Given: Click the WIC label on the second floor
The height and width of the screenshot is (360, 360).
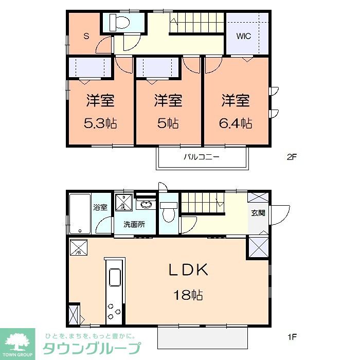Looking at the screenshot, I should (244, 37).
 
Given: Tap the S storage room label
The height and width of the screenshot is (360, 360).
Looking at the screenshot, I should (86, 36).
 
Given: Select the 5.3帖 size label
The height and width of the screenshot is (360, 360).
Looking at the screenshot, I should (100, 123).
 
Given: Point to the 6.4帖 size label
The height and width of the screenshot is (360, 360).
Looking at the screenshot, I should (237, 123).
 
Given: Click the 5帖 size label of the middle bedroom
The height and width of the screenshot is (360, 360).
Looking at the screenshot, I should (168, 123).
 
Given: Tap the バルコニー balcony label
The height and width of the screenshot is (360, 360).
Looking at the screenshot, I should (202, 157).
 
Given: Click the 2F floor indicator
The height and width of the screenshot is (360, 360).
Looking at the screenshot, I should (292, 157).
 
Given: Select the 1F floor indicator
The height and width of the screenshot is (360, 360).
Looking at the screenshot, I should (292, 338).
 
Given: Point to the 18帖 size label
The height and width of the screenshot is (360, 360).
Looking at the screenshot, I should (189, 295).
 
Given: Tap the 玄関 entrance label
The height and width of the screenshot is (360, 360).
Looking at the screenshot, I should (258, 212).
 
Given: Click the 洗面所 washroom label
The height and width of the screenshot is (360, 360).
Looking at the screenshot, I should (133, 224).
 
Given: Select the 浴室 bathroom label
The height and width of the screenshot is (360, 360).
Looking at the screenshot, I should (100, 208).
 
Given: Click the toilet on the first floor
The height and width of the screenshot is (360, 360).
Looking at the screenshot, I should (168, 211).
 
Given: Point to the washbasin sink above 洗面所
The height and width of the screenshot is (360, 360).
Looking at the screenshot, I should (146, 205).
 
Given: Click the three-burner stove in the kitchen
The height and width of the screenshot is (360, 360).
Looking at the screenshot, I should (114, 310).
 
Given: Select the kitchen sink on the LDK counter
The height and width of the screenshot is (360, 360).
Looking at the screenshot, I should (114, 278).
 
